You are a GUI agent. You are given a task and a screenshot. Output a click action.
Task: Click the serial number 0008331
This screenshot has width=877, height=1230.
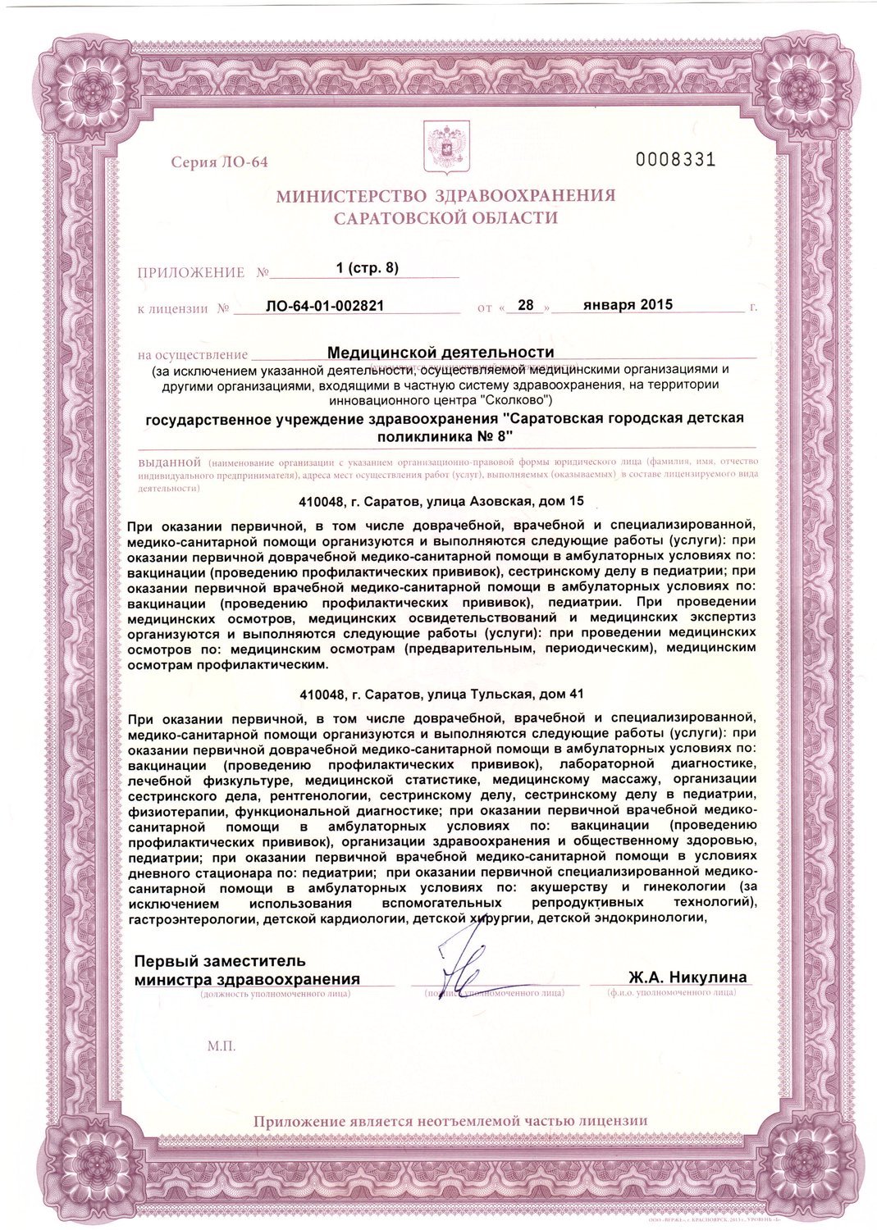676,159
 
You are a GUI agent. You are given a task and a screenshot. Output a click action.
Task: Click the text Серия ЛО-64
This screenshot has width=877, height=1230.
219,162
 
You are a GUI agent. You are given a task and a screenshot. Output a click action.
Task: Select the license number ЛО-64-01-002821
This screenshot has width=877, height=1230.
325,307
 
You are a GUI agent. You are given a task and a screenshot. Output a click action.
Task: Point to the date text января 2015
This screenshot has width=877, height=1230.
628,304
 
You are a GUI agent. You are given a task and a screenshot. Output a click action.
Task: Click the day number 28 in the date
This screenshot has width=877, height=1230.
526,305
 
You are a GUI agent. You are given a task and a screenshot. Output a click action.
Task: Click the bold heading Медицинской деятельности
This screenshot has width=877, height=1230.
441,352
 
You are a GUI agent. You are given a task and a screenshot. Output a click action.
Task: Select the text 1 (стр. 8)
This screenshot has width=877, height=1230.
368,268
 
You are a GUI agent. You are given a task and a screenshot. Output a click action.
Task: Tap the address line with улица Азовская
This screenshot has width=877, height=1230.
442,500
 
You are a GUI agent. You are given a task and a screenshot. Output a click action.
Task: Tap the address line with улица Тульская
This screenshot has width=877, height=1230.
442,694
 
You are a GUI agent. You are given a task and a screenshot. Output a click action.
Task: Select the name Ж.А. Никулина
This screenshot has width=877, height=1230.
687,977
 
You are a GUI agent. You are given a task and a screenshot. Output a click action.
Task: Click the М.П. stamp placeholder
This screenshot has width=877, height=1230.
222,1046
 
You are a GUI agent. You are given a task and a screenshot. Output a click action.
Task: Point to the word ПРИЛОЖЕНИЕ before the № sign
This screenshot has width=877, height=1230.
191,272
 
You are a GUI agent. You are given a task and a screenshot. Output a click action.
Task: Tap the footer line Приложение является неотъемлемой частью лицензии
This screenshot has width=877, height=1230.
450,1120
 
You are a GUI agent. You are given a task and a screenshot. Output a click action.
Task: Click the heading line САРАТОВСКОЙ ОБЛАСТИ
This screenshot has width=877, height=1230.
445,218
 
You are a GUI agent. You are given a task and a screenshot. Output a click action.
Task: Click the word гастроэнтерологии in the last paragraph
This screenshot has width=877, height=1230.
193,918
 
